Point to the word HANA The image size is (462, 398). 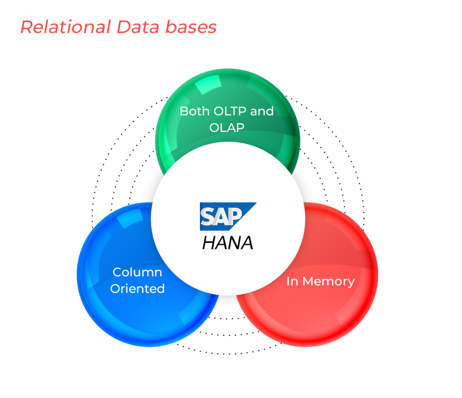(x=227, y=243)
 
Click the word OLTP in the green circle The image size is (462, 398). (x=228, y=111)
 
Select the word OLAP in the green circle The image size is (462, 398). (x=227, y=127)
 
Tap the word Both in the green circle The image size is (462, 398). (x=191, y=111)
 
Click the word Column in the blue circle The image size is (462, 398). (x=137, y=272)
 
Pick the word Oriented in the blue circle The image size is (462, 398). (x=137, y=288)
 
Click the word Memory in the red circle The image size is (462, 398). (x=328, y=282)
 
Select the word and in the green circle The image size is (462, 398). (x=262, y=111)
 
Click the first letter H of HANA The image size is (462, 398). (x=209, y=243)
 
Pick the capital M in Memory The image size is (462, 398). (x=309, y=282)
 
